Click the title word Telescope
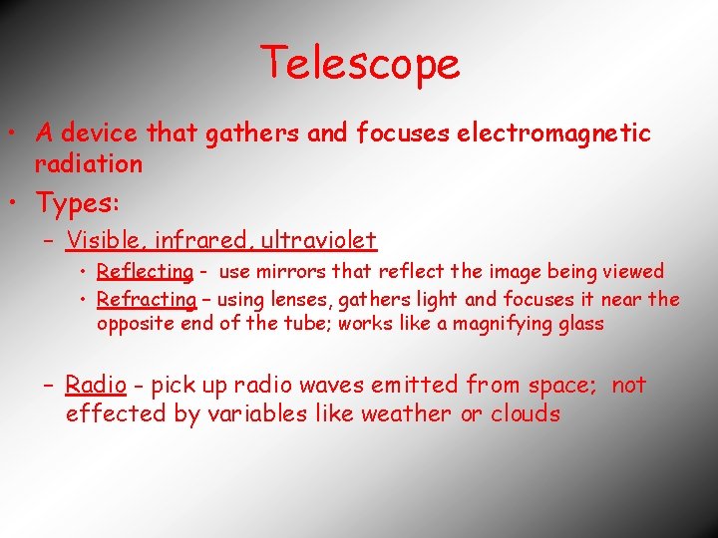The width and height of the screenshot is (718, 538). point(360,64)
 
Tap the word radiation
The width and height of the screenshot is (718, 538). point(89,163)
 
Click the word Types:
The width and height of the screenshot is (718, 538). point(78,203)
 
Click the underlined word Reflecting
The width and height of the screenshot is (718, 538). point(145,271)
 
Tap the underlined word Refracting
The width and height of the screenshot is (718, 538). point(147,299)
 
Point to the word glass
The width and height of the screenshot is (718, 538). point(576,325)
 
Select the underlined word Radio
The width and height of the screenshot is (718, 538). point(96,385)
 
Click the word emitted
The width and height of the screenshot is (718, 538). point(406,385)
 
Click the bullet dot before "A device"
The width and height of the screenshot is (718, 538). point(17,134)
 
